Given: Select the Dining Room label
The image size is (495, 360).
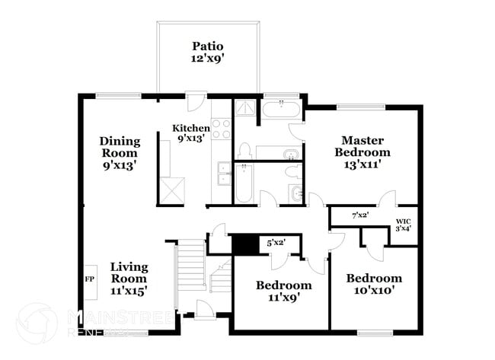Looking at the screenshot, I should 120,151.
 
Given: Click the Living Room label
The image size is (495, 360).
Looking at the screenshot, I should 128,278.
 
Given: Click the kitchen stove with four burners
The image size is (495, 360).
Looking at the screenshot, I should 221,129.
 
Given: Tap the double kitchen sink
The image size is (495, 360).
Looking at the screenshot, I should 223,174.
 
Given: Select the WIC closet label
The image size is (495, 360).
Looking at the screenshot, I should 403,227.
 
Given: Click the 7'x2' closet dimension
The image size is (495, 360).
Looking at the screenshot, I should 359,215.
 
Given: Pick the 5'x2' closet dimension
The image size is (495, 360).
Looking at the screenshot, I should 276,244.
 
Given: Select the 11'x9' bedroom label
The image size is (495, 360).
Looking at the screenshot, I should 283,292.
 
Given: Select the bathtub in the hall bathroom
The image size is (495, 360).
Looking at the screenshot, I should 243,183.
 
